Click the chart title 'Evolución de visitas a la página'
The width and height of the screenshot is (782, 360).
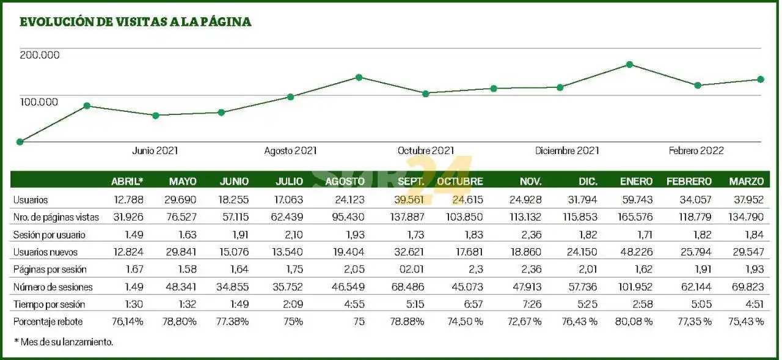click(x=136, y=22)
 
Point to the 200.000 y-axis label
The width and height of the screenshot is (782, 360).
click(x=40, y=55)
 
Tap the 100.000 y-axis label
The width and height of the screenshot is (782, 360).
click(x=40, y=101)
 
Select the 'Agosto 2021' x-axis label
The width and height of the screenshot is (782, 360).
click(x=290, y=151)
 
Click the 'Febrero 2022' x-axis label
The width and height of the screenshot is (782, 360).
click(x=696, y=151)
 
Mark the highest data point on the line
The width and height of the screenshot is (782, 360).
click(x=629, y=64)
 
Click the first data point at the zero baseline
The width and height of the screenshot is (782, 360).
click(x=20, y=142)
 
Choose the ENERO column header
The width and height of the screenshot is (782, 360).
click(x=636, y=182)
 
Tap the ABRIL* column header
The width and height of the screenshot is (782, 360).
click(x=127, y=182)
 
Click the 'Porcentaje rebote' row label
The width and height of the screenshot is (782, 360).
click(x=48, y=321)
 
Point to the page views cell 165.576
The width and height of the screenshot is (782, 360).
click(x=634, y=217)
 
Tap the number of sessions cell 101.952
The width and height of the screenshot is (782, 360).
click(x=634, y=287)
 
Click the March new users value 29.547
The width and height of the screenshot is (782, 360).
click(x=748, y=252)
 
